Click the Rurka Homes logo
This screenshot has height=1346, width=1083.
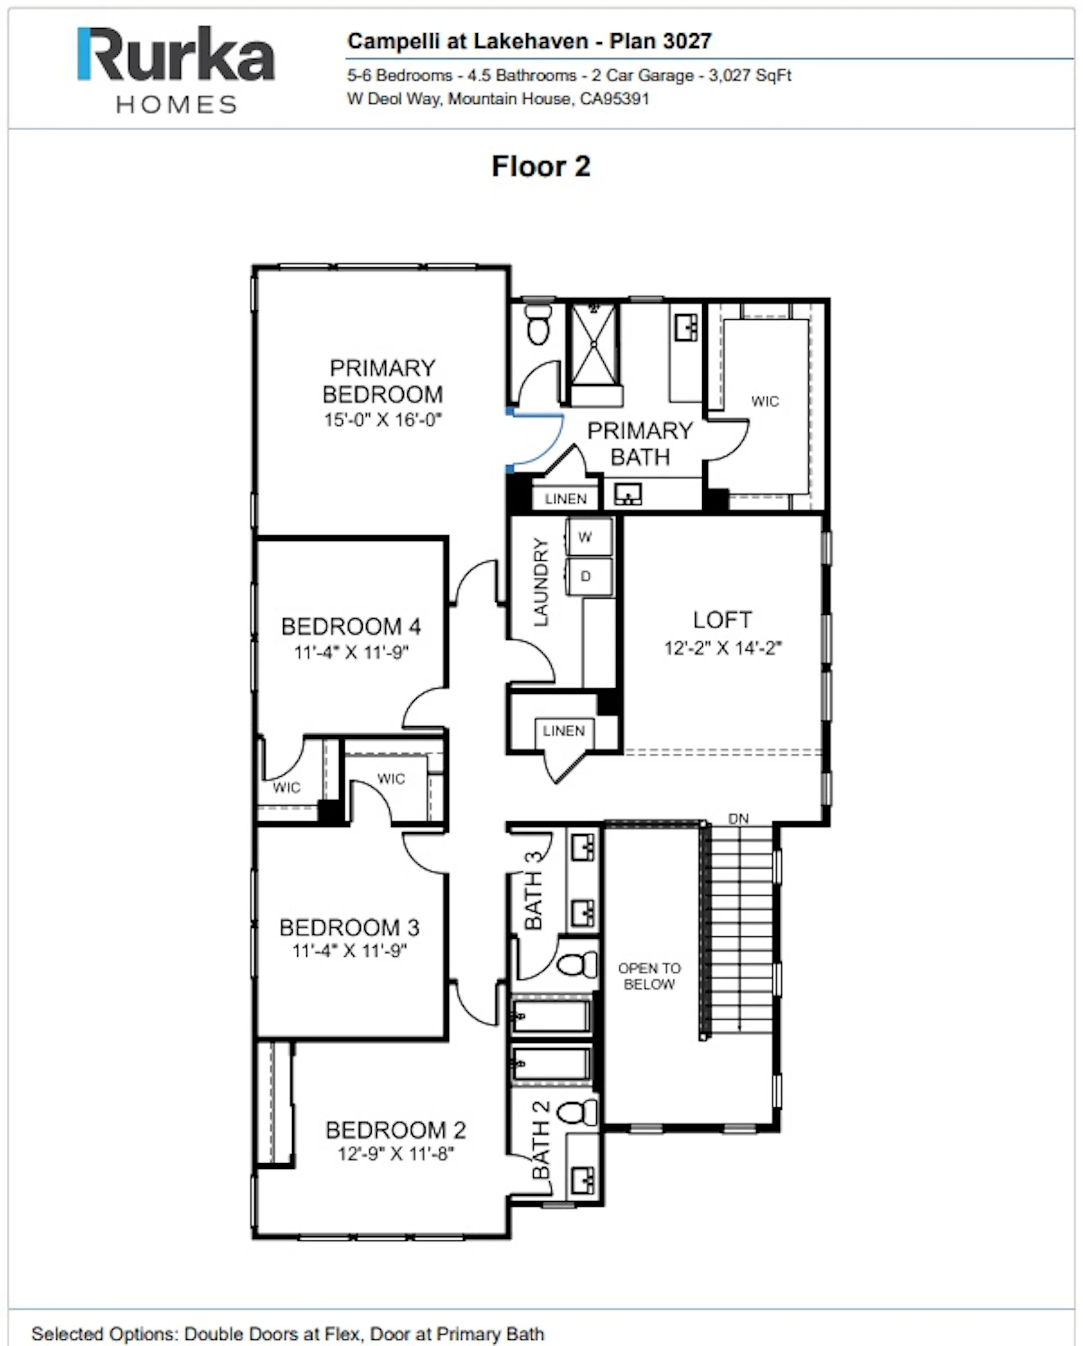point(175,70)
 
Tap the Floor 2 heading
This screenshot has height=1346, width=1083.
point(540,166)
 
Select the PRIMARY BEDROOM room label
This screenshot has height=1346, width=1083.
point(382,381)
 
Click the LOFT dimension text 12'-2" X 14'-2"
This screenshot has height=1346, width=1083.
point(722,648)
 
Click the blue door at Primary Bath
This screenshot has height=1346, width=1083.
point(535,439)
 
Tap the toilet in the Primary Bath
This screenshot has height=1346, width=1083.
point(538,323)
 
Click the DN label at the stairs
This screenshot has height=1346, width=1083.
point(738,819)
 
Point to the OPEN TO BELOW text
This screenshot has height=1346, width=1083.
point(649,976)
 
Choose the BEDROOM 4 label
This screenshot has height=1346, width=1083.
point(351,626)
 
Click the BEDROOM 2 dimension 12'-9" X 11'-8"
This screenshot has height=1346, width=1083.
point(396,1154)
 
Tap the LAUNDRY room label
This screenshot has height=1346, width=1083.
point(540,582)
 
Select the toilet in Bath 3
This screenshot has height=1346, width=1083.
point(578,965)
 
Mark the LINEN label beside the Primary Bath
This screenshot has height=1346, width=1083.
point(566,499)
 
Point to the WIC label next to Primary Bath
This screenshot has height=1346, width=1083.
point(765,401)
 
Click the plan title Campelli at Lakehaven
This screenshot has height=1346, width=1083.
point(468,41)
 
